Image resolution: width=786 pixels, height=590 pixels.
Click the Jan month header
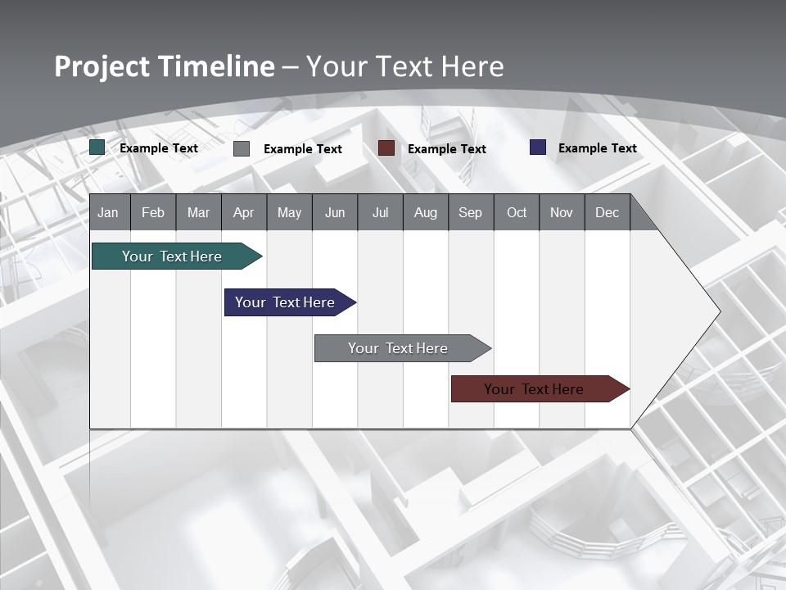tap(108, 213)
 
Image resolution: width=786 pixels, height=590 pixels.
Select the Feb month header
tap(153, 213)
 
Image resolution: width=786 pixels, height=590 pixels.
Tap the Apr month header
tap(243, 213)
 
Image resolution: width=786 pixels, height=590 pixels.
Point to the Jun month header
tap(335, 213)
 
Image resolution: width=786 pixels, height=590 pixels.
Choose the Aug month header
tap(425, 213)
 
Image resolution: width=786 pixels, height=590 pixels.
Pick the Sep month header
tap(470, 213)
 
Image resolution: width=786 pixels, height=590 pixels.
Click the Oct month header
tap(517, 213)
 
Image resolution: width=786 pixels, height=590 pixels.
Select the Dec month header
tap(607, 213)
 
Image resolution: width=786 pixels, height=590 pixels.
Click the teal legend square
tap(97, 147)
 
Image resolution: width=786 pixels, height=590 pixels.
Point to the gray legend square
tap(242, 148)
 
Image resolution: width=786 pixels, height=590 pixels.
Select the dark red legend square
tap(386, 147)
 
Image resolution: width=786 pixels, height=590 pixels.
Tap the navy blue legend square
tap(538, 147)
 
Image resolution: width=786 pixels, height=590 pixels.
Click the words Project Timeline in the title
tap(165, 66)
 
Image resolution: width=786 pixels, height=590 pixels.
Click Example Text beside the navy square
tap(597, 148)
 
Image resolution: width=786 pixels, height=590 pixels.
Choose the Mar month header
tap(198, 213)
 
